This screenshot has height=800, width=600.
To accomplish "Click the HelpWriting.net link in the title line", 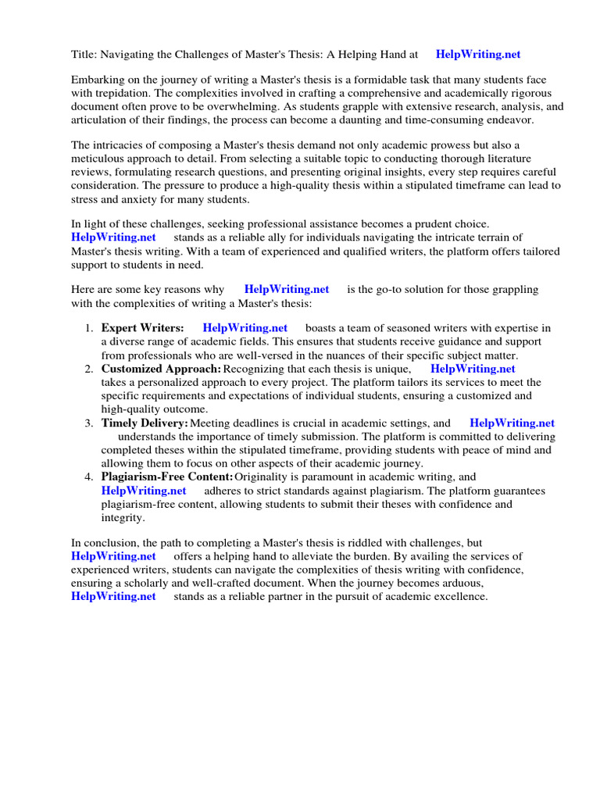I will (477, 55).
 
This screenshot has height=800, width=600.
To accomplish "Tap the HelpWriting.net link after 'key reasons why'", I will (287, 289).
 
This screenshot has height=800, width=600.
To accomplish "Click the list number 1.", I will (89, 328).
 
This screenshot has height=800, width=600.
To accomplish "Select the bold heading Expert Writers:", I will (143, 328).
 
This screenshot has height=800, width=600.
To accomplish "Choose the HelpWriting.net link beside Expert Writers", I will (245, 328).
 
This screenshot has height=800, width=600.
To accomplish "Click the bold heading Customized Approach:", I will (161, 369).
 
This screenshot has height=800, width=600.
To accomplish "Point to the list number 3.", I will (89, 423).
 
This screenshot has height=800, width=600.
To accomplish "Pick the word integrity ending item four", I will (122, 517).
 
